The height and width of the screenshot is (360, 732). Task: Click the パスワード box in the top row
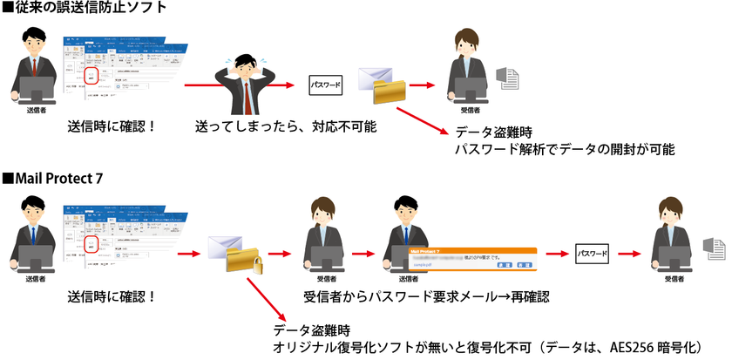pos(325,85)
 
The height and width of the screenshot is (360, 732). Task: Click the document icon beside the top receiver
pos(509,79)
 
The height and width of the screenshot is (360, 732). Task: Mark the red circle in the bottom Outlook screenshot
pos(94,243)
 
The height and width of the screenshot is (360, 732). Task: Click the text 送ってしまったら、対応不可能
pos(285,127)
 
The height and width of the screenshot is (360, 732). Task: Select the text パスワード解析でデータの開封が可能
pos(566,149)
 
